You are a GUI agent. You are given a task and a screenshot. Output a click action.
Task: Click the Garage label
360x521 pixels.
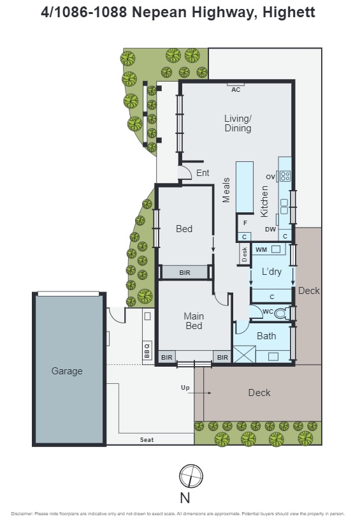tap(67, 371)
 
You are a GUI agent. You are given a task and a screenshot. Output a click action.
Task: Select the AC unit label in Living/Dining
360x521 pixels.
tap(236, 90)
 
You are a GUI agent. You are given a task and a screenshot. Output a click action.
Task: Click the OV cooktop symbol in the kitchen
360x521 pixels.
tap(285, 176)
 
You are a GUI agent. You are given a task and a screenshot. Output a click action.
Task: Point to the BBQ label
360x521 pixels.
tap(147, 350)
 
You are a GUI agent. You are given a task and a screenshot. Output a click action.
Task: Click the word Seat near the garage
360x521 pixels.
tap(147, 440)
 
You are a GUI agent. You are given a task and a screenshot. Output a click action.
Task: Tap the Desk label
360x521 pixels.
tap(245, 254)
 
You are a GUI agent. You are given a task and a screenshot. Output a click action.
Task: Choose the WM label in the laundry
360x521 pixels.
tap(261, 249)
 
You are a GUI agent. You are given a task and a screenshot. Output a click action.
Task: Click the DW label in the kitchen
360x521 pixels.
tap(271, 229)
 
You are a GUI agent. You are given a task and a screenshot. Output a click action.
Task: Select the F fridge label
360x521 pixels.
tap(244, 224)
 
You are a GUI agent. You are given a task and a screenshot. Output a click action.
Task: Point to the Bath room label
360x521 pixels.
tap(266, 336)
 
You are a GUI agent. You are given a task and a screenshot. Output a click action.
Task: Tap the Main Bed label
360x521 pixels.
tap(194, 321)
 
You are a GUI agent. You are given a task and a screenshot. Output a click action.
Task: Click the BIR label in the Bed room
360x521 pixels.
tap(185, 272)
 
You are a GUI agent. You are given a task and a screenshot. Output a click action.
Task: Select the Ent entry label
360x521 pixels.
tap(203, 173)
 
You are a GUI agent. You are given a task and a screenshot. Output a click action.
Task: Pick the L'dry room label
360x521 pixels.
tap(272, 272)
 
